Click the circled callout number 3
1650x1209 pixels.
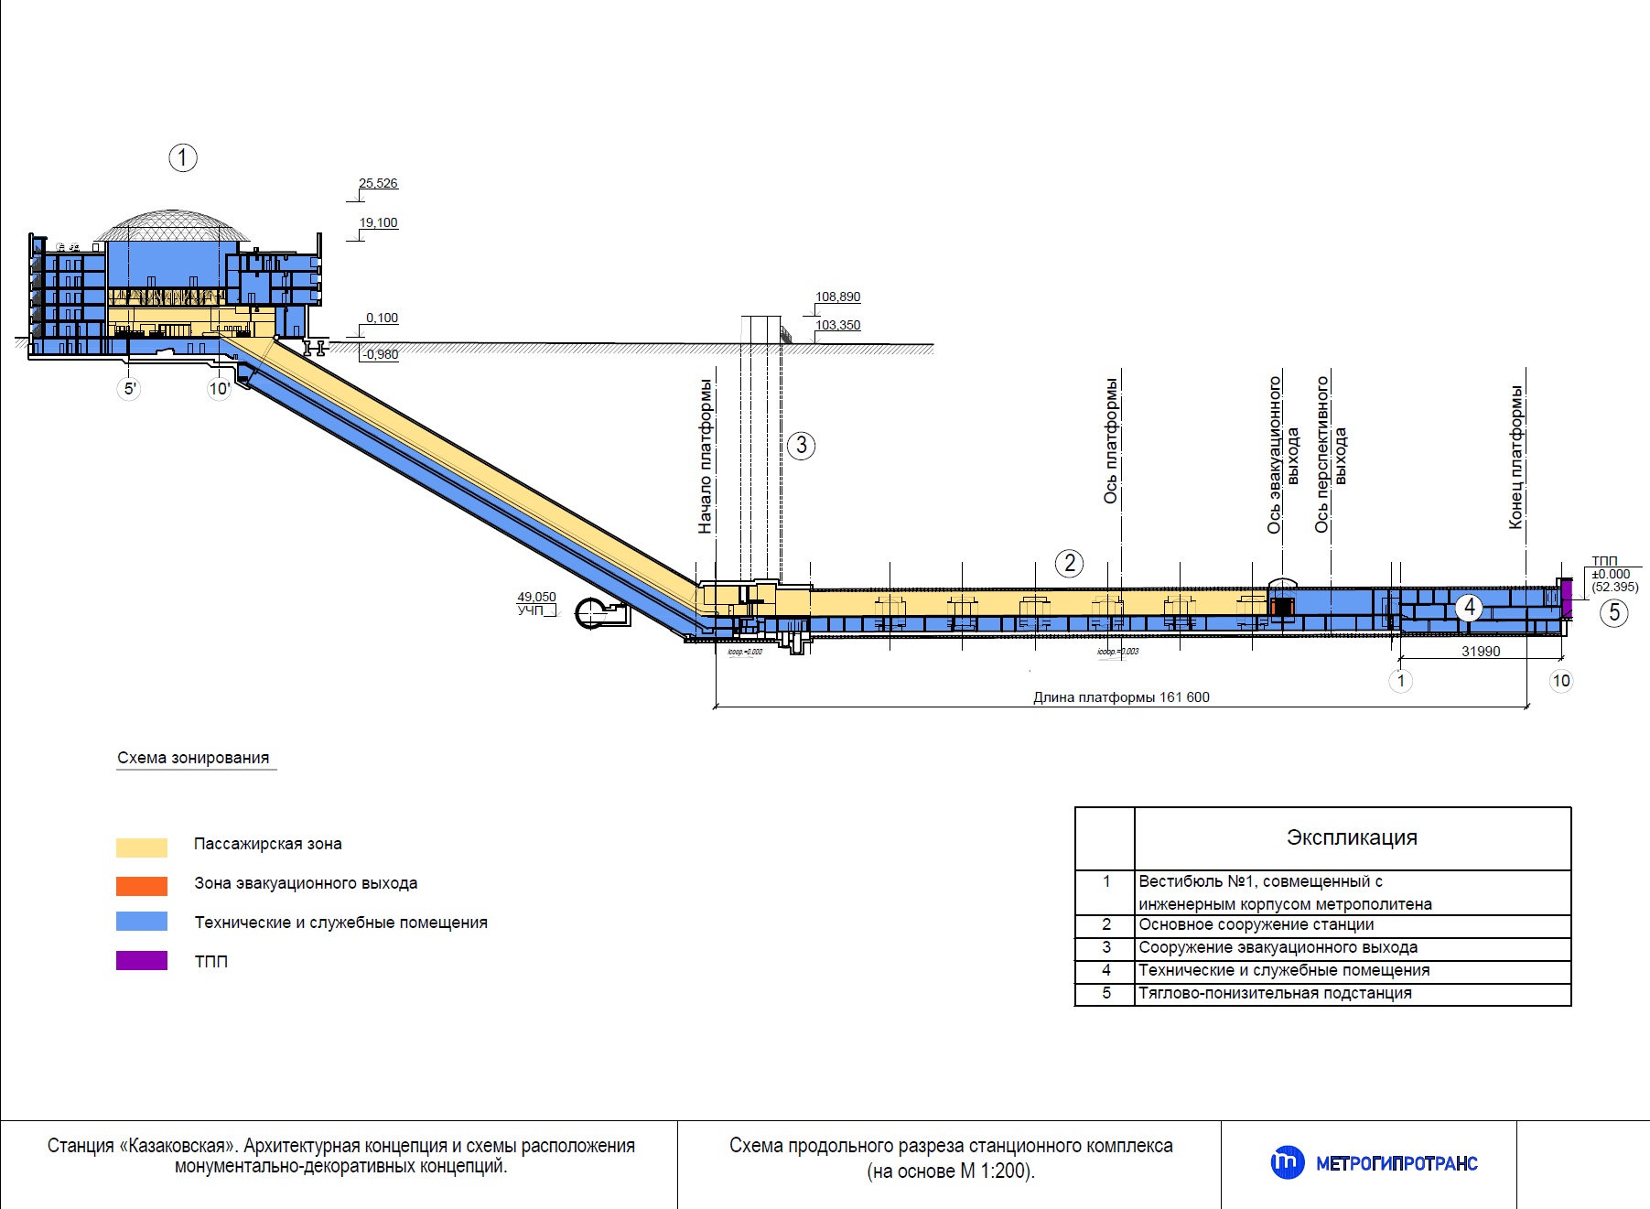[801, 446]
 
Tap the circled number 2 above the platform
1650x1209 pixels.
[1069, 563]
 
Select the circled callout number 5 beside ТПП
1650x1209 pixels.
[1613, 612]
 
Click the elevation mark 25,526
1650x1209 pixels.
[378, 184]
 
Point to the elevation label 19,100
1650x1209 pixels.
[378, 223]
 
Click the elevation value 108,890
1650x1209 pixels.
[837, 297]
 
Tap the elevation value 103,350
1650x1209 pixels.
[837, 326]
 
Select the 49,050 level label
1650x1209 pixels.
[536, 597]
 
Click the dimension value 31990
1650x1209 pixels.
[1481, 652]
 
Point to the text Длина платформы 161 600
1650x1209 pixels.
[1121, 697]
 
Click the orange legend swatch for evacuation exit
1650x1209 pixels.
[142, 886]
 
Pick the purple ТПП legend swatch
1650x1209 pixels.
[142, 961]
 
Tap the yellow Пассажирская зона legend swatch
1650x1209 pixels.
[142, 847]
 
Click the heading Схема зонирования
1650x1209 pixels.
[193, 758]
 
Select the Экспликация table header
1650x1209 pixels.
[1352, 837]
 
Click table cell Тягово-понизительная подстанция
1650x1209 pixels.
[1275, 993]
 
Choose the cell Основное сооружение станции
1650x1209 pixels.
[1256, 924]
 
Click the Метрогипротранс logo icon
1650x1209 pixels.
[1287, 1163]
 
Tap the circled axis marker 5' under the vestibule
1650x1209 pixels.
[130, 389]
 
